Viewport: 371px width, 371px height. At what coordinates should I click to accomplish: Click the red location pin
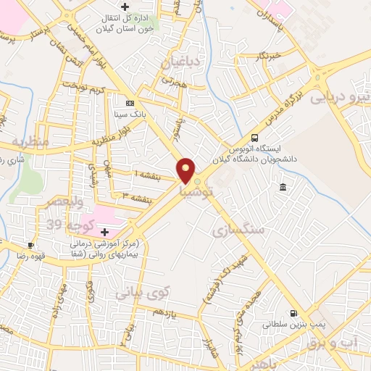pyautogui.click(x=186, y=170)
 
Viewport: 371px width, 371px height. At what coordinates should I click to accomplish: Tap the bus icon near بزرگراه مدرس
pyautogui.click(x=254, y=138)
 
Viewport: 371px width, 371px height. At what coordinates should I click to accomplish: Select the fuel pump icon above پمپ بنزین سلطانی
pyautogui.click(x=293, y=313)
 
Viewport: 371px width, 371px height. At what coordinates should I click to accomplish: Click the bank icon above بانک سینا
pyautogui.click(x=130, y=104)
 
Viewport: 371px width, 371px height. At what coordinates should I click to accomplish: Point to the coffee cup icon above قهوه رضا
pyautogui.click(x=30, y=245)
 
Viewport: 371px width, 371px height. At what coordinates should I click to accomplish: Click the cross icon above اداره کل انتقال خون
pyautogui.click(x=125, y=7)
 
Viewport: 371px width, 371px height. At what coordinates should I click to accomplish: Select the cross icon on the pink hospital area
pyautogui.click(x=105, y=232)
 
